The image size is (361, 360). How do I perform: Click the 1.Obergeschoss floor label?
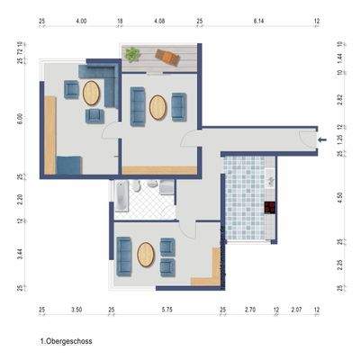67,342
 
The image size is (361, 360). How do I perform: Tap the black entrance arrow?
323,139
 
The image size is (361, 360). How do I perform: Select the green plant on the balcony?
133,54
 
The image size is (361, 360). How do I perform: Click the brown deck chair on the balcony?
167,58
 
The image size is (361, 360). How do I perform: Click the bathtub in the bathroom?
120,194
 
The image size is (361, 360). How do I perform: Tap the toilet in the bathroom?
153,185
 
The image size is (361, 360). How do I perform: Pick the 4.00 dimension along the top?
82,20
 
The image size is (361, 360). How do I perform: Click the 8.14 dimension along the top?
259,20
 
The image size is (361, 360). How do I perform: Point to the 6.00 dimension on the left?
20,117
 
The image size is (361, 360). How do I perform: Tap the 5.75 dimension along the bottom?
167,310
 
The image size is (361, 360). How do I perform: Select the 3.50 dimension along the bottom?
77,310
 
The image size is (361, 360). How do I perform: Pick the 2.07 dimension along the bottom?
296,310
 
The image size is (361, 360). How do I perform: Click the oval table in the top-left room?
92,93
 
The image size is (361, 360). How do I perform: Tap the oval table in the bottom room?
146,255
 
